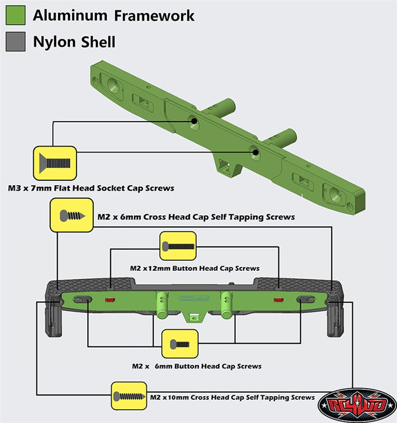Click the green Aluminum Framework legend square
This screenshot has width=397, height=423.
(16, 15)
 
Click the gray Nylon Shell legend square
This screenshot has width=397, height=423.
(16, 41)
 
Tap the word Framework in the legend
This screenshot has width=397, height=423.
(154, 15)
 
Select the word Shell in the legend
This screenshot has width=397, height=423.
(98, 42)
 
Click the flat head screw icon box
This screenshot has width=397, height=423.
(55, 163)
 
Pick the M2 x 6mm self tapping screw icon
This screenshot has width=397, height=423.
(72, 215)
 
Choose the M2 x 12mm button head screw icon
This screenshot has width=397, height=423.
(178, 246)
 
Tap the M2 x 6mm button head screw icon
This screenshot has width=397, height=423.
(180, 344)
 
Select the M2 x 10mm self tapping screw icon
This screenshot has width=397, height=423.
(129, 396)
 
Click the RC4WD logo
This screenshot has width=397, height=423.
(357, 404)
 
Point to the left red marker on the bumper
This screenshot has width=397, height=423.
(110, 300)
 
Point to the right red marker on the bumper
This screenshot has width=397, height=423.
(279, 300)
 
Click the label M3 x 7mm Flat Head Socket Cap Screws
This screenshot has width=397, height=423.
(91, 188)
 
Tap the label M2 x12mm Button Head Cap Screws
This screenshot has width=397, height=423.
(195, 268)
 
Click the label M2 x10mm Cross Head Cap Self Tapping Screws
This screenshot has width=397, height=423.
(232, 398)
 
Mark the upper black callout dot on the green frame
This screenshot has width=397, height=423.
(194, 121)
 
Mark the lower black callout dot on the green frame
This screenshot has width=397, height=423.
(256, 153)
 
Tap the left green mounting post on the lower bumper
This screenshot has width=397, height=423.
(162, 305)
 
